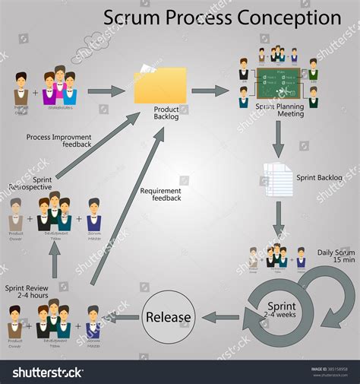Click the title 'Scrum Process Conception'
tap(222, 17)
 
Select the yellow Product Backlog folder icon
tap(160, 86)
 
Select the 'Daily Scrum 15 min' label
tap(336, 255)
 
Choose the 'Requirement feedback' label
tap(161, 195)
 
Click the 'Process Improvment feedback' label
tap(58, 141)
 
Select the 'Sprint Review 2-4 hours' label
tap(29, 293)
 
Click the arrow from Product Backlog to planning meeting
tap(210, 91)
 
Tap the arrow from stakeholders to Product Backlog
tap(106, 92)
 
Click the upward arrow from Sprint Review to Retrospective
tap(55, 262)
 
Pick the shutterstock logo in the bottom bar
tap(49, 373)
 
